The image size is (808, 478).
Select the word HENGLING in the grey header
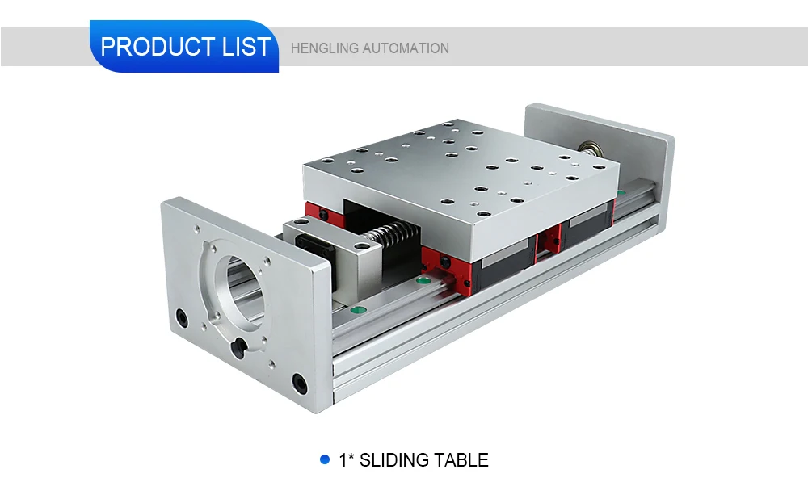[x=324, y=48]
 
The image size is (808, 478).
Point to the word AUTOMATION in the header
[x=406, y=48]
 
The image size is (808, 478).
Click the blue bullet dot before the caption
[x=325, y=459]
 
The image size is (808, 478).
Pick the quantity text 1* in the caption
[x=346, y=460]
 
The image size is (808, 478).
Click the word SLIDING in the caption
[x=393, y=460]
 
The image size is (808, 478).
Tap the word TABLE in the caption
[x=461, y=460]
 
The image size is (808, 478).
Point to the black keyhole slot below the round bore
[x=238, y=347]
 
